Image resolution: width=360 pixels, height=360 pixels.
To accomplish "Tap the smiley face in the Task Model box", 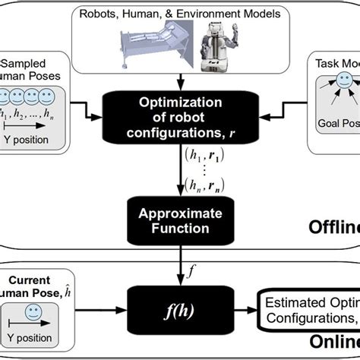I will point(342,80).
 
